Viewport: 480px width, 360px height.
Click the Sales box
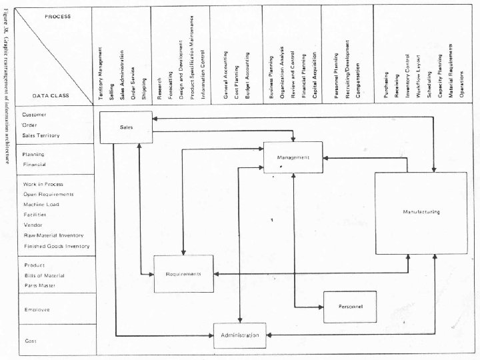point(126,127)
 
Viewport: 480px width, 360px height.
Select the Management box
point(293,157)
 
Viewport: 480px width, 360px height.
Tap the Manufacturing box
point(421,212)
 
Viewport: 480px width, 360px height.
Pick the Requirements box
point(183,274)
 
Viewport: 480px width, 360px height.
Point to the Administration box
point(240,335)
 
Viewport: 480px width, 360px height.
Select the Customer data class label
point(34,115)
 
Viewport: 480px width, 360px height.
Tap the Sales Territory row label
point(41,135)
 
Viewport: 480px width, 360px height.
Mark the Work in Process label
point(43,184)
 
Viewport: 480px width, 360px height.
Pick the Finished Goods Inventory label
point(56,246)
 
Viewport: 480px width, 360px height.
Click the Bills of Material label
point(40,275)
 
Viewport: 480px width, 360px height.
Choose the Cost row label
point(30,341)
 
